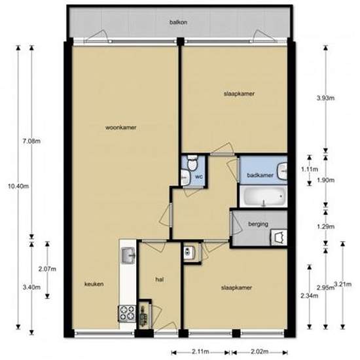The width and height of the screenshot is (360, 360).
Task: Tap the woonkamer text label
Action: click(120, 128)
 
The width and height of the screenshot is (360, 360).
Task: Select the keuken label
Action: click(94, 284)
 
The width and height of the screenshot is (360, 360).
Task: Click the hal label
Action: click(158, 279)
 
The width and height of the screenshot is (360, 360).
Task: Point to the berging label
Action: click(258, 224)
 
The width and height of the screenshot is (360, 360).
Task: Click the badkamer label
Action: click(260, 175)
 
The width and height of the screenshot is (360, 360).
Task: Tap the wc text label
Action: click(198, 175)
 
